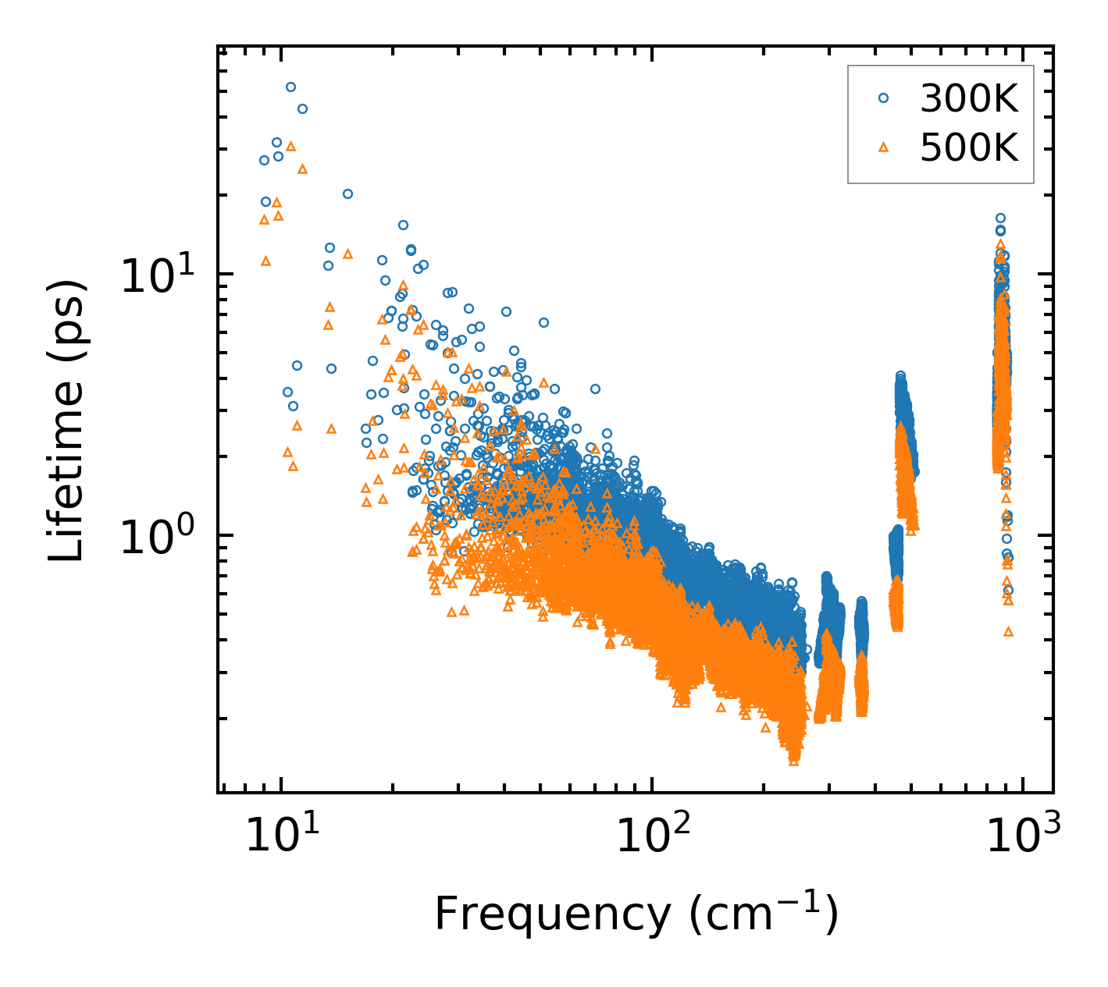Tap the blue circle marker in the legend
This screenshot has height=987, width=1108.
(884, 98)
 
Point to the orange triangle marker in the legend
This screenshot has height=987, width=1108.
(884, 146)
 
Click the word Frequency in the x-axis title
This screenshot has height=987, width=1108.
(551, 914)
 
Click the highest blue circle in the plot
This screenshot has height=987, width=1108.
(290, 87)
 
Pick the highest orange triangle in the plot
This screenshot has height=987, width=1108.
(290, 146)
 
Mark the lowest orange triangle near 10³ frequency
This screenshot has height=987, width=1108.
(1008, 631)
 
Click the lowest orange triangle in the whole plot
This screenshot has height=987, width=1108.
(794, 761)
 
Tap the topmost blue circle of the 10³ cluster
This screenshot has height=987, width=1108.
(1000, 218)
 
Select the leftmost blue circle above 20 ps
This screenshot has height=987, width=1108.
(264, 160)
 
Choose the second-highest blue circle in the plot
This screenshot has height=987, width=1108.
(302, 108)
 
